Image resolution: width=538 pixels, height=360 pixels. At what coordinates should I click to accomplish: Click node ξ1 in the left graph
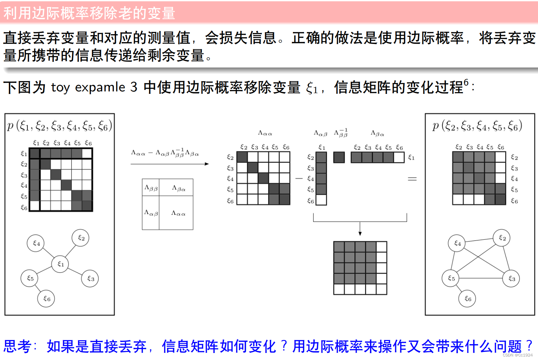(x=60, y=264)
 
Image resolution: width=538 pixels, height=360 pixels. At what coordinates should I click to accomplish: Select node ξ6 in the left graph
(x=46, y=299)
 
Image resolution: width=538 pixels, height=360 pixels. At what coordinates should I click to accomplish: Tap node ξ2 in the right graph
(x=502, y=238)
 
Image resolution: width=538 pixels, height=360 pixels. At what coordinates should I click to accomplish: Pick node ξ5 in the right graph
(x=451, y=278)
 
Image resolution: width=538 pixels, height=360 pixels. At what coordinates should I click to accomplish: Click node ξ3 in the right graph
(x=511, y=278)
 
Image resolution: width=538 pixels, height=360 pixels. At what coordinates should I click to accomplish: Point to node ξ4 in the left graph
(x=36, y=243)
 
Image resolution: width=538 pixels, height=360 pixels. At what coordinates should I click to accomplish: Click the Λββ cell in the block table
(x=151, y=188)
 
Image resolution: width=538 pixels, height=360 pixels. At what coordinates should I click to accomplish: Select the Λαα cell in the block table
(x=178, y=213)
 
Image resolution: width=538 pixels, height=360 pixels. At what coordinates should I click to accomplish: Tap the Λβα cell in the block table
(x=178, y=188)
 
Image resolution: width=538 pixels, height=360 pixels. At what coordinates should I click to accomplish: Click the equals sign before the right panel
(x=412, y=179)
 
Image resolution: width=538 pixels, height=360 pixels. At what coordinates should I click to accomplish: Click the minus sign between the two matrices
(x=299, y=179)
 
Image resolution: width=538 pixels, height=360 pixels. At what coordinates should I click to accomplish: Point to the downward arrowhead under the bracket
(x=360, y=233)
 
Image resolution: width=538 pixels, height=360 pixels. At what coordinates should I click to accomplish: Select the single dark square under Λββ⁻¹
(x=339, y=157)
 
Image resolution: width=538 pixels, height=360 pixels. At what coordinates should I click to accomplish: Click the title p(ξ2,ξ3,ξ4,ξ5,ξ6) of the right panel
(x=477, y=126)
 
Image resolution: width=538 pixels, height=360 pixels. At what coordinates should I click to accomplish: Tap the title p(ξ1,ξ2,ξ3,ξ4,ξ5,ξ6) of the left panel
(x=59, y=126)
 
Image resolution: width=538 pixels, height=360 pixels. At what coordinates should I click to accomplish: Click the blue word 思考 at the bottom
(x=18, y=346)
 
